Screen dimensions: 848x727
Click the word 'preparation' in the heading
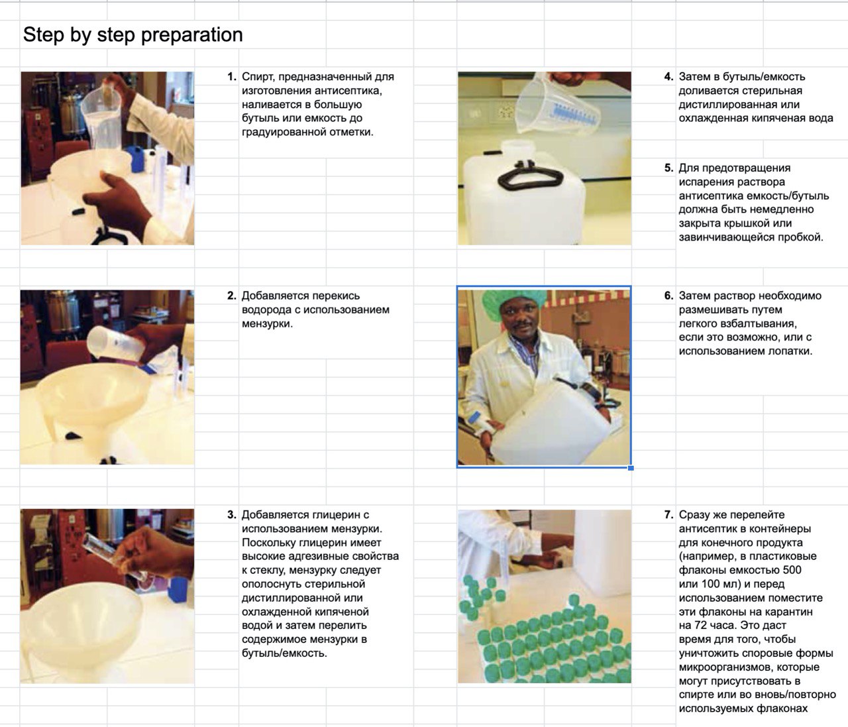click(191, 35)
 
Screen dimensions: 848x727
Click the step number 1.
click(232, 77)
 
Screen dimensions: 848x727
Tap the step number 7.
click(668, 515)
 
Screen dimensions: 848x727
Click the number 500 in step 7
click(791, 570)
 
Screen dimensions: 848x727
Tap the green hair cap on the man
click(515, 301)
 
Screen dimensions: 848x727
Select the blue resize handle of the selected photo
click(631, 468)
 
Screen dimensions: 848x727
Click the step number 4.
click(668, 77)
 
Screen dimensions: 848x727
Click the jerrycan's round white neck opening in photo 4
click(517, 147)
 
